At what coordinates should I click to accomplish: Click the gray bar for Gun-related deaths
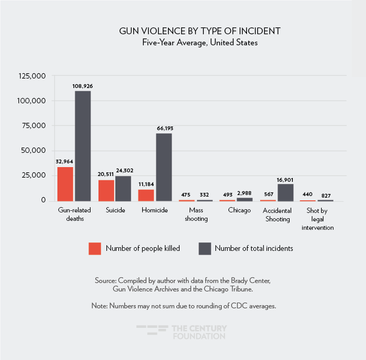click(83, 146)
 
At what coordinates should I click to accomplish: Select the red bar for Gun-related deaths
click(65, 184)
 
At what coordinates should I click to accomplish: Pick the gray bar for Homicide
click(164, 167)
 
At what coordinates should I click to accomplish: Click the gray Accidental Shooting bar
click(285, 192)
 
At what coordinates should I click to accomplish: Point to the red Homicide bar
click(146, 195)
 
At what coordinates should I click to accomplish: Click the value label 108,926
click(83, 85)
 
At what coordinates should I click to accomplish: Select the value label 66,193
click(164, 128)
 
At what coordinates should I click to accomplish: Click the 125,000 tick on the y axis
click(32, 76)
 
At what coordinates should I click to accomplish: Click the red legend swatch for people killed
click(95, 248)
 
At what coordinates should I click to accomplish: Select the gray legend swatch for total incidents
click(205, 248)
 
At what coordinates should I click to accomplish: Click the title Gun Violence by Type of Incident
click(200, 31)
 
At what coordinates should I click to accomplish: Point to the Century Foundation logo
click(182, 332)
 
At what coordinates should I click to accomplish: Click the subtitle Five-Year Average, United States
click(200, 43)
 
